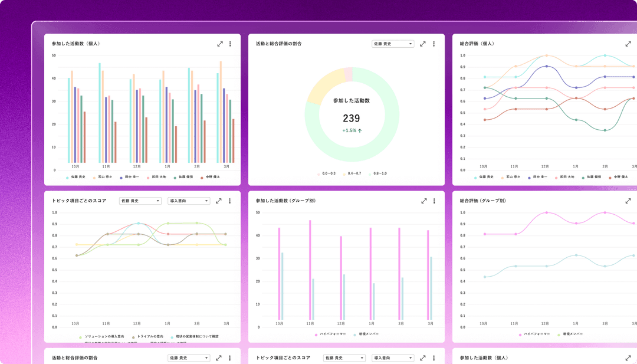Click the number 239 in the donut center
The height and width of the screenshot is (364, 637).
click(x=351, y=118)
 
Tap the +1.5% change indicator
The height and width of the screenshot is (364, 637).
click(x=352, y=130)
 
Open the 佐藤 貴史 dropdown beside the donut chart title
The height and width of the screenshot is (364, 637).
click(x=393, y=44)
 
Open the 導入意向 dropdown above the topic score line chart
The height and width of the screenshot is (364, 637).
click(x=189, y=201)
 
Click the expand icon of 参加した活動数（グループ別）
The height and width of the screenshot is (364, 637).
click(x=423, y=201)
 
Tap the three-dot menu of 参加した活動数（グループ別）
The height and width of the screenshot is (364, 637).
click(x=434, y=201)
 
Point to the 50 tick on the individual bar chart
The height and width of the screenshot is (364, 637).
click(x=54, y=55)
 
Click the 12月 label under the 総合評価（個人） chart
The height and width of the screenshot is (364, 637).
click(x=544, y=167)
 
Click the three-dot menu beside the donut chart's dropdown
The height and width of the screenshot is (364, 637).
click(x=434, y=44)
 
